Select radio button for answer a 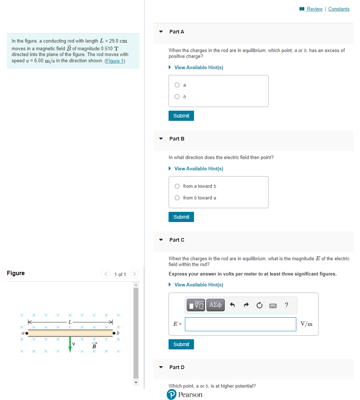[177, 85]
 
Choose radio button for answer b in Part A [177, 97]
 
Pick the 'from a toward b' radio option [177, 186]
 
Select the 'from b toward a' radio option [177, 198]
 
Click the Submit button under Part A [181, 116]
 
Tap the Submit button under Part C [181, 344]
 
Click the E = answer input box [240, 324]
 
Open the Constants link [339, 9]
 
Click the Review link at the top [314, 9]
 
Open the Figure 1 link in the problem [115, 61]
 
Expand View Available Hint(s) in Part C [198, 285]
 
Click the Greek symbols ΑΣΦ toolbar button [215, 305]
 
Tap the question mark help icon [286, 305]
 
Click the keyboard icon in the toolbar [273, 305]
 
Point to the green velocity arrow [70, 344]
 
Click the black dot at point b [114, 333]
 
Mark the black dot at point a [27, 333]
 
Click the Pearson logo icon [171, 395]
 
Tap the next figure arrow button [134, 274]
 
